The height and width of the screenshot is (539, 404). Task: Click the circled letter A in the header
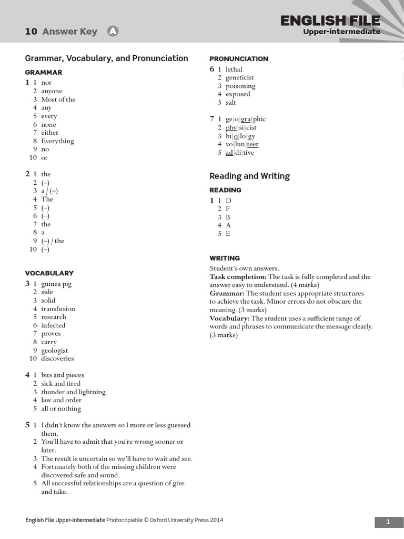click(x=113, y=32)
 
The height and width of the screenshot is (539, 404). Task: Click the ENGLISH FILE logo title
click(x=330, y=21)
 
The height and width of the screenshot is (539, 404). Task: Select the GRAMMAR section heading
click(x=44, y=72)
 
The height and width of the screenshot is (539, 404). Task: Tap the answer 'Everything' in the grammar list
click(x=57, y=141)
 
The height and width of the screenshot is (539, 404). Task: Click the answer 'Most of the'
click(x=58, y=99)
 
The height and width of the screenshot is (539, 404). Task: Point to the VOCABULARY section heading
click(x=49, y=273)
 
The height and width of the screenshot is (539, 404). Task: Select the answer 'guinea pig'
click(x=56, y=284)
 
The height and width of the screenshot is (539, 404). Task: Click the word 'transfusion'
click(x=58, y=309)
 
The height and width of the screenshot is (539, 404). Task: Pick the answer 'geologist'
click(x=55, y=351)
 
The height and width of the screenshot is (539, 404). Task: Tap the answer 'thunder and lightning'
click(x=73, y=392)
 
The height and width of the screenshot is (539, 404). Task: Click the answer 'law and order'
click(x=61, y=400)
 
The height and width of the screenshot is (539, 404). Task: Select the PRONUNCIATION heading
click(x=239, y=59)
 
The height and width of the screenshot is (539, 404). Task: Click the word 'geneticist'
click(x=240, y=78)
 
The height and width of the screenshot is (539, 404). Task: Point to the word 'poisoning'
click(x=240, y=86)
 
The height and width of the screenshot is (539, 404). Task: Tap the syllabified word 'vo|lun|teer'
click(x=242, y=144)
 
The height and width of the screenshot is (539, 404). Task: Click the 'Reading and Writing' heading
click(x=249, y=176)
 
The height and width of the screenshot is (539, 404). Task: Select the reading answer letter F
click(x=228, y=209)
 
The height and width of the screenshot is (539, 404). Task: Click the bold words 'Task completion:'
click(x=238, y=277)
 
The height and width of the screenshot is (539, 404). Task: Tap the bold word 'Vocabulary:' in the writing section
click(x=229, y=318)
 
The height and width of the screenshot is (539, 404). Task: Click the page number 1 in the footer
click(x=388, y=522)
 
